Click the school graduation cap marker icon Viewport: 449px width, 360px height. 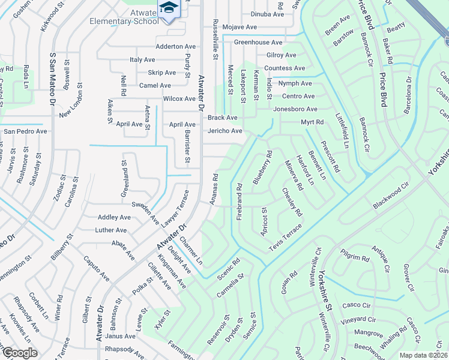coord(167,8)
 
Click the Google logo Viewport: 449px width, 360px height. coord(19,353)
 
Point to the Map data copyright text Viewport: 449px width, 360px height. coord(424,355)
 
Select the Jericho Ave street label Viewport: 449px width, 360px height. coord(225,131)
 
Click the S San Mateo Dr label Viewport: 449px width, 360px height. coord(52,82)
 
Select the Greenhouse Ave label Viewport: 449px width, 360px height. coord(258,43)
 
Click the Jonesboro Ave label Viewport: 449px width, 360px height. coord(295,109)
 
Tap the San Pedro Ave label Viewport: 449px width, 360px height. coord(25,131)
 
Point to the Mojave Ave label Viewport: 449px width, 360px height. coord(240,28)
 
